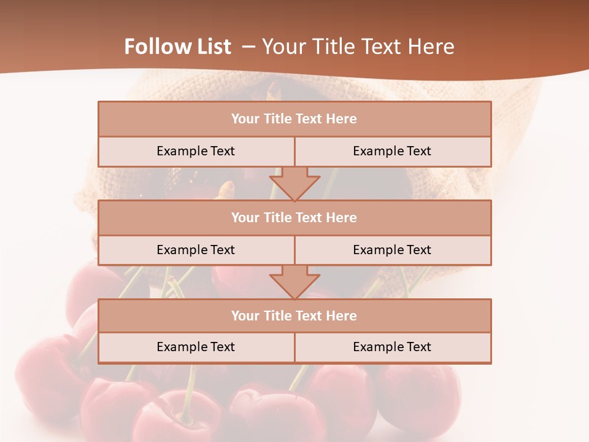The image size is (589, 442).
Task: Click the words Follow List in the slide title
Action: (x=177, y=47)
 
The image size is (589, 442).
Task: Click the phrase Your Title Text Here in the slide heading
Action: (x=358, y=47)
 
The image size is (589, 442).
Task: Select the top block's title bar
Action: (x=294, y=119)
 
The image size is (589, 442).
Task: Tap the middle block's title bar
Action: (x=294, y=218)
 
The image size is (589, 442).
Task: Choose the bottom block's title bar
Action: (x=294, y=316)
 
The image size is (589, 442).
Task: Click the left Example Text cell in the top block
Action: (x=196, y=152)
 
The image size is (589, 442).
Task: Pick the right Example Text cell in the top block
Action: (x=392, y=152)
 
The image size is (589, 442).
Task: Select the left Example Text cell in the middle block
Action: (x=196, y=250)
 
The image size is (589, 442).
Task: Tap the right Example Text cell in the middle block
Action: (x=392, y=250)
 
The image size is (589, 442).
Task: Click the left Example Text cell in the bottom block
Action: (x=196, y=347)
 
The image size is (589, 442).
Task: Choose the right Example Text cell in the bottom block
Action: (x=392, y=347)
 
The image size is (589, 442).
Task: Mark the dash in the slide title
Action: (x=249, y=47)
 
